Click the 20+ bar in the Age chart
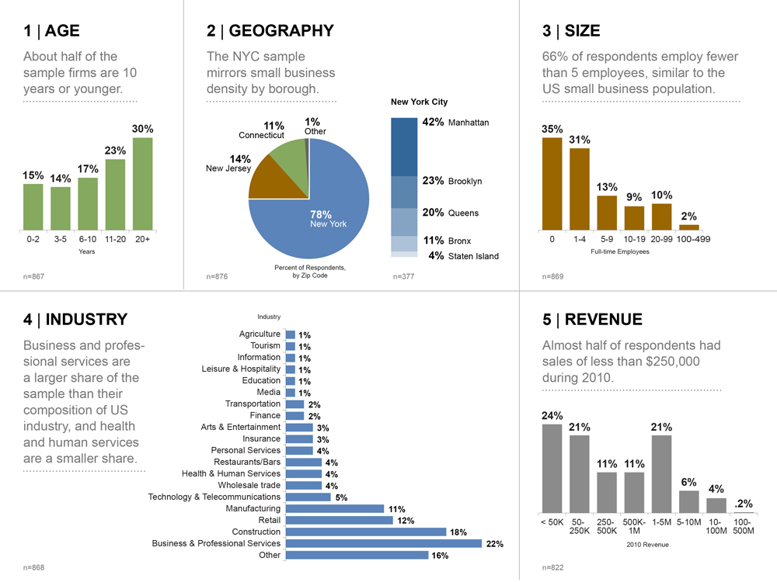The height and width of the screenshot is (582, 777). point(142,184)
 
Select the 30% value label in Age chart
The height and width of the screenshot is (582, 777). point(142,129)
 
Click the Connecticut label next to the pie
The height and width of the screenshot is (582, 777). point(261,135)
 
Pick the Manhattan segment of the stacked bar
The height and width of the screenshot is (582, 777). point(404,147)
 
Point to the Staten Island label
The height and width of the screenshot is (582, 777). point(473,256)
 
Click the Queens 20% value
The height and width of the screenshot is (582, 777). point(433,213)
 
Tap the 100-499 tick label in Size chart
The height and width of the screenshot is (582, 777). point(693,240)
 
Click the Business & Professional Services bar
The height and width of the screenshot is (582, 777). point(384,544)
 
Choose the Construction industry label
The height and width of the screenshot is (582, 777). point(256,532)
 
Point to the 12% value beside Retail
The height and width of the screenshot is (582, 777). point(406,521)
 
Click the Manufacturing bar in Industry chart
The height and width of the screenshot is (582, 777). point(335,509)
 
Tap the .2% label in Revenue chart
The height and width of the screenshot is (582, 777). point(743,504)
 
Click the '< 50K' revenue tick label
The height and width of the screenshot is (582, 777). point(552,522)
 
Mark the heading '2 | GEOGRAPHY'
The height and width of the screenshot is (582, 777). point(270,31)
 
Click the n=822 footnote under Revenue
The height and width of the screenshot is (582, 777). point(552,568)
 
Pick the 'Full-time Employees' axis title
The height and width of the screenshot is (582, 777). point(619,251)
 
